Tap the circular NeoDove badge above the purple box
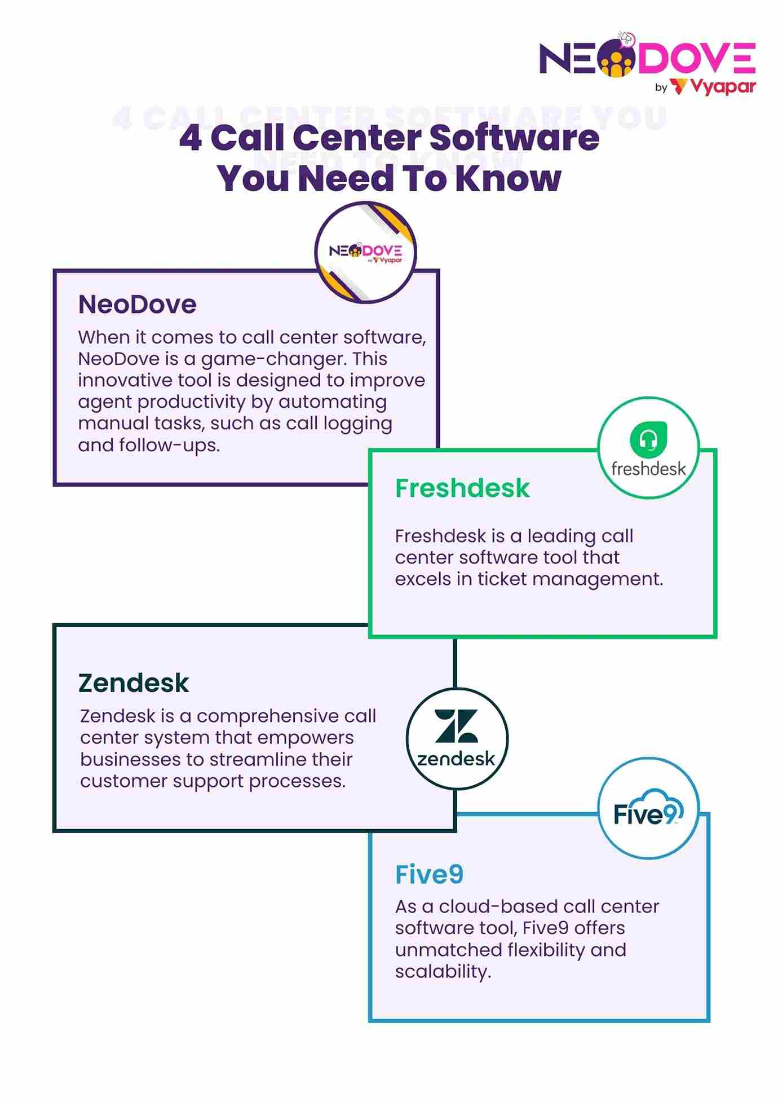tap(365, 252)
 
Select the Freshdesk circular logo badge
tap(648, 448)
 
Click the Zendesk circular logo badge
tap(457, 738)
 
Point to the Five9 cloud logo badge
tap(648, 808)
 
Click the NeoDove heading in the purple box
tap(137, 305)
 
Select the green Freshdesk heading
tap(462, 488)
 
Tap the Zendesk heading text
tap(134, 683)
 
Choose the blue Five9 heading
tap(429, 875)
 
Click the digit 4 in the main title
tap(191, 138)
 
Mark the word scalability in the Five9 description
tap(443, 972)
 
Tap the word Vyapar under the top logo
tap(723, 87)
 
